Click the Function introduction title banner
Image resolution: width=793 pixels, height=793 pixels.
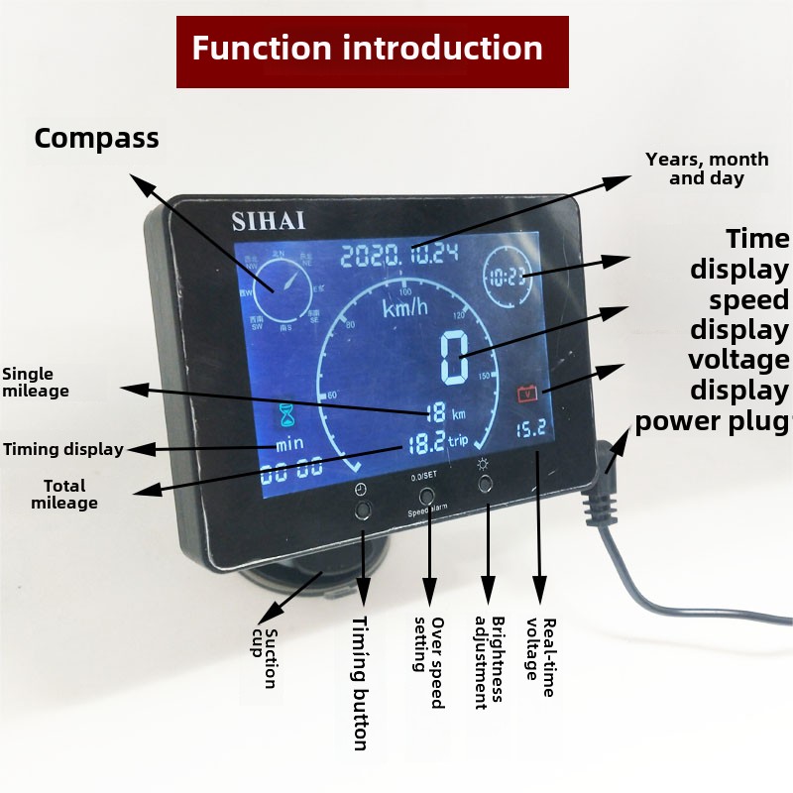click(x=372, y=51)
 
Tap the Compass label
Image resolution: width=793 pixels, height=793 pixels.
click(x=96, y=139)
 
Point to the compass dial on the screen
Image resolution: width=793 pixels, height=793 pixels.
click(x=277, y=288)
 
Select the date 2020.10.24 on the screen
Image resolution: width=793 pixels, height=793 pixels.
click(x=398, y=254)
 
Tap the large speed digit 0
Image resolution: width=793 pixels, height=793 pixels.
click(x=455, y=357)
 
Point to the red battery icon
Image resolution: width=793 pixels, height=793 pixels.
click(x=526, y=394)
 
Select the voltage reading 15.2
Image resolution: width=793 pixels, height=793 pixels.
click(x=528, y=429)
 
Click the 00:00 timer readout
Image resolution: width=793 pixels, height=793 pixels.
click(x=290, y=470)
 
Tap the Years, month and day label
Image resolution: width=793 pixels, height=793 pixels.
click(x=707, y=169)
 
